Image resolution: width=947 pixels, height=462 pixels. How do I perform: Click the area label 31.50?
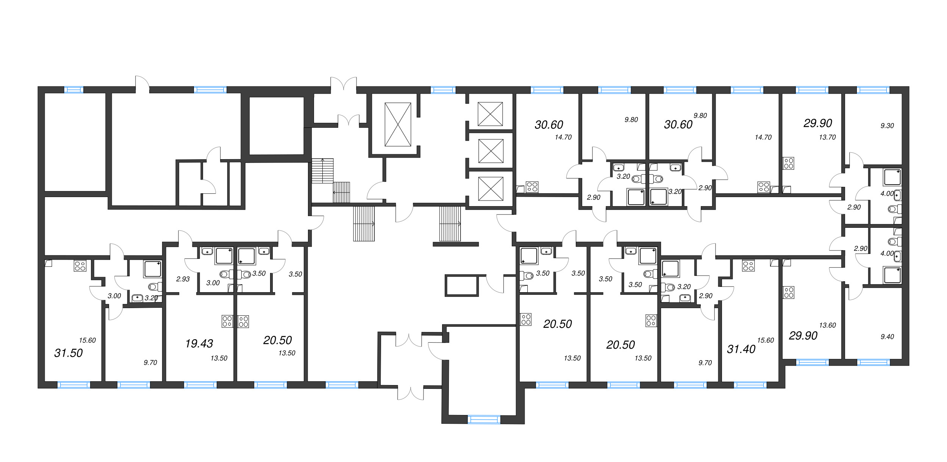point(68,353)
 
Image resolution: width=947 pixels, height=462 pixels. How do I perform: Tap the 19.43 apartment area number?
point(199,343)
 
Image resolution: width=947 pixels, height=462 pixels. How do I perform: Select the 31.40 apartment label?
point(741,349)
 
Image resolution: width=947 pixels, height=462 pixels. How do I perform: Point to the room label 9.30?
point(887,126)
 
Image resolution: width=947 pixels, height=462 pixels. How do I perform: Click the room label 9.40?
point(887,337)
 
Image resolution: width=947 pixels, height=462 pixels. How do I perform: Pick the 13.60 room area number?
point(827,325)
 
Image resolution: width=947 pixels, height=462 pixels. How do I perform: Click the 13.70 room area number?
point(827,137)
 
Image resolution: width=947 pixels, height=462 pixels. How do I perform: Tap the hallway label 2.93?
point(183,279)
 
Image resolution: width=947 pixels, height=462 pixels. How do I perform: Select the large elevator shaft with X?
point(398,124)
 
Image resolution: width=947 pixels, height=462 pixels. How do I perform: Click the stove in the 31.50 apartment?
point(80,266)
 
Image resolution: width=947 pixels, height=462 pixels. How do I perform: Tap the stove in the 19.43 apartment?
point(227,321)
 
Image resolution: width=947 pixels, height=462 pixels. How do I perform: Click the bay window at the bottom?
point(484,420)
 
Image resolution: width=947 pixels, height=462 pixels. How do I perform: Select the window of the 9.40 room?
point(873,363)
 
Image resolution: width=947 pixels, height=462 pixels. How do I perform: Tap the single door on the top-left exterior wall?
point(142,84)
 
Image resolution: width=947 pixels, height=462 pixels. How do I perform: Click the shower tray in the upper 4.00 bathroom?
point(892,177)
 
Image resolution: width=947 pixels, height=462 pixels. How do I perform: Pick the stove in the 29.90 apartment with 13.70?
point(788,163)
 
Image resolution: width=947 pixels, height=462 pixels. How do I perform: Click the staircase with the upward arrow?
point(322,171)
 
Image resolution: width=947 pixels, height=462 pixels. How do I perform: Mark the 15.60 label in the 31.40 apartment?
point(765,340)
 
